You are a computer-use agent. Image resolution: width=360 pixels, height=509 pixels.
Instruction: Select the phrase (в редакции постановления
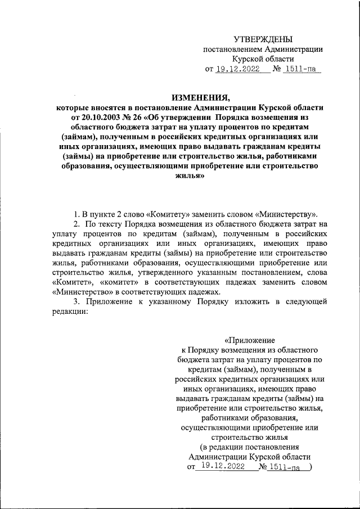(250, 447)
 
